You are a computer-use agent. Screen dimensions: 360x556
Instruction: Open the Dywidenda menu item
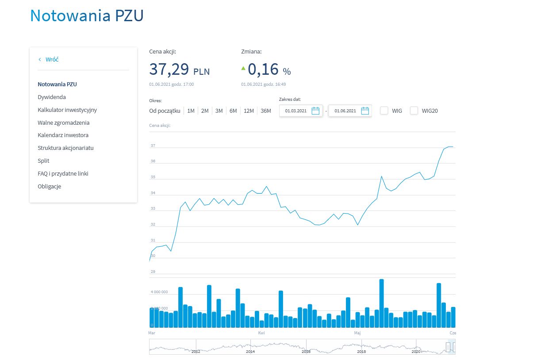tap(52, 97)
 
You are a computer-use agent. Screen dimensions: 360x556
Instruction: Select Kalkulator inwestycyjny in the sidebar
tap(67, 110)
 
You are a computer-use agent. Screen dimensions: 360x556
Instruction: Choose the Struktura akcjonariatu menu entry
tap(65, 148)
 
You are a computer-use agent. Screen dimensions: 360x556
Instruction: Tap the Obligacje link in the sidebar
tap(50, 186)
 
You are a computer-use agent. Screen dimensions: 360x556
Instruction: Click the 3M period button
tap(219, 111)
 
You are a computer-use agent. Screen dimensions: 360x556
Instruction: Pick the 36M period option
tap(265, 111)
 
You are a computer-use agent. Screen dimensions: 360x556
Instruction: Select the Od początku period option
tap(165, 111)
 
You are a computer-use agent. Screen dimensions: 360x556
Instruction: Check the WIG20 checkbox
tap(414, 111)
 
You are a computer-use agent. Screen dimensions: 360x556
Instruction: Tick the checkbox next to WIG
tap(384, 111)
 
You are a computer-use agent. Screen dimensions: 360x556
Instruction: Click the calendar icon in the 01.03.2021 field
tap(315, 111)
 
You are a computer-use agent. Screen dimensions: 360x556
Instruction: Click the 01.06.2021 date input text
tap(345, 111)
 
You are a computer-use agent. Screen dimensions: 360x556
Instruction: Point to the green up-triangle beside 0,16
tap(243, 68)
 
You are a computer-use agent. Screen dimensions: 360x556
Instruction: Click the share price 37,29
tap(169, 69)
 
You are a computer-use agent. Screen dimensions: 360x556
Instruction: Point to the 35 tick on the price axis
tap(153, 177)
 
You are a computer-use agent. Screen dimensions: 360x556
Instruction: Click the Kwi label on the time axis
tap(261, 332)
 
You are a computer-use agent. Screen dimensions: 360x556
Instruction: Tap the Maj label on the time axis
tap(357, 332)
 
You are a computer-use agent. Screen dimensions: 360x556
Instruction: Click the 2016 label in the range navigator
tap(306, 352)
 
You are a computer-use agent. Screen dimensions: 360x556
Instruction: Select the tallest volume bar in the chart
tap(381, 303)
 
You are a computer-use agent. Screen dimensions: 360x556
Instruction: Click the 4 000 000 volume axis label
tap(159, 292)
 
